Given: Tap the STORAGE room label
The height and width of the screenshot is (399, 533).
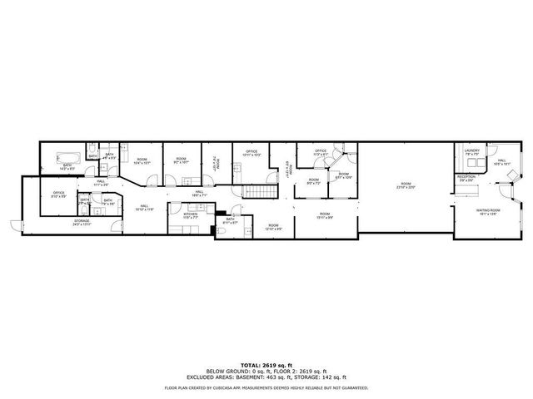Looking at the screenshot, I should click(81, 221).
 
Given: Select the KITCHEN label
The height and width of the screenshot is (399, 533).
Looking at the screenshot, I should click(190, 214).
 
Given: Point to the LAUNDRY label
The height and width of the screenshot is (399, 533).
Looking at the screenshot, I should click(471, 151).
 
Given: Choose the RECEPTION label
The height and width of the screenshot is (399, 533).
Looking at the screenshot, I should click(466, 176).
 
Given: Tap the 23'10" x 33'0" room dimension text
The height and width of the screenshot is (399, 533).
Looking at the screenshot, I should click(406, 186).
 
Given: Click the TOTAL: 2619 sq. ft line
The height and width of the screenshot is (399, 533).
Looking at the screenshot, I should click(266, 364).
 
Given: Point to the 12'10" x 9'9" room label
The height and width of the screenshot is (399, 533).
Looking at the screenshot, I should click(272, 225).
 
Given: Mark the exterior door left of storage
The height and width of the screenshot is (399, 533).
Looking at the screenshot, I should click(14, 222).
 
